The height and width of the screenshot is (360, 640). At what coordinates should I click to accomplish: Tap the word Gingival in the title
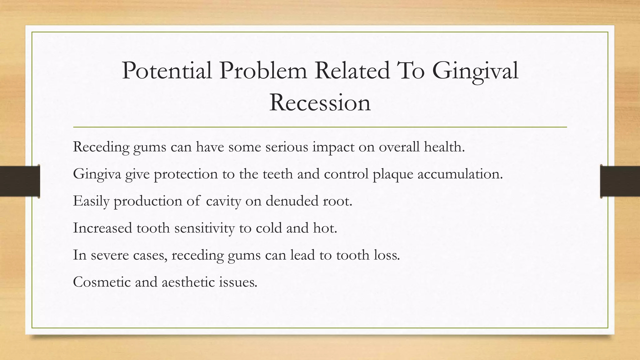coord(475,71)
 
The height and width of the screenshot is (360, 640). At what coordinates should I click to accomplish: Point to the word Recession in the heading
coord(320,102)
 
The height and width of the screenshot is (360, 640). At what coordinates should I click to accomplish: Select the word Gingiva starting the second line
coord(97,174)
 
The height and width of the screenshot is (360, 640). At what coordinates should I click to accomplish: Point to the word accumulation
coord(460,174)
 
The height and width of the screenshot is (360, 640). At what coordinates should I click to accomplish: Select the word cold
coord(269,228)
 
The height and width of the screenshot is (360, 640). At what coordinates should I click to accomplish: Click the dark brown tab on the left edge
coord(20,181)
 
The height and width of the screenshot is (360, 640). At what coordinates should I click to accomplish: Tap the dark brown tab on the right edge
coord(620,181)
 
